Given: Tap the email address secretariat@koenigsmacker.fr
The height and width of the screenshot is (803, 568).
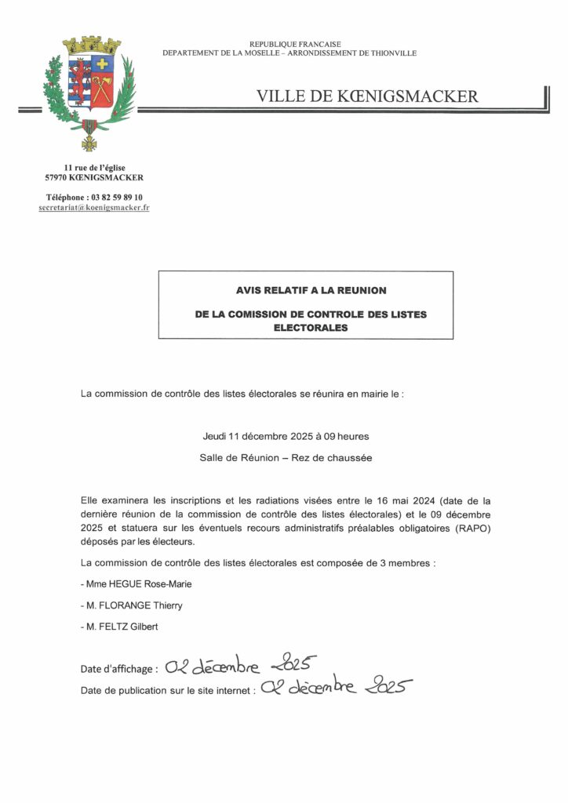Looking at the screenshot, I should pyautogui.click(x=94, y=209).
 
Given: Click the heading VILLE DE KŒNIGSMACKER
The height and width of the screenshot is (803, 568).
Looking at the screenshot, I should pyautogui.click(x=366, y=96).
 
